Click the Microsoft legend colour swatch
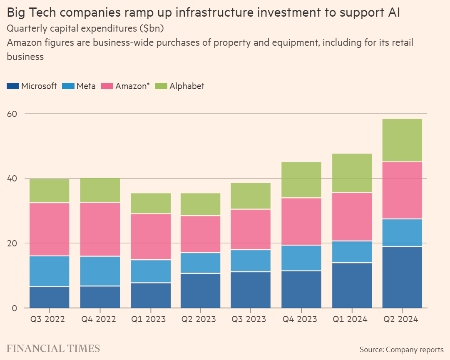point(13,86)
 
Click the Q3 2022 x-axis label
point(49,319)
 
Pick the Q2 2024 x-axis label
point(402,319)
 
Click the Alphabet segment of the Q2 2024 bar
point(402,140)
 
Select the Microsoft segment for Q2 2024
point(402,277)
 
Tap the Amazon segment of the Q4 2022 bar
point(100,229)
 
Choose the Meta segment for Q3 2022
point(49,271)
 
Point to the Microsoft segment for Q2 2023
point(201,290)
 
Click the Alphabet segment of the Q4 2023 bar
point(301,180)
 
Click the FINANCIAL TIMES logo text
point(53,348)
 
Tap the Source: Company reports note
point(401,349)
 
